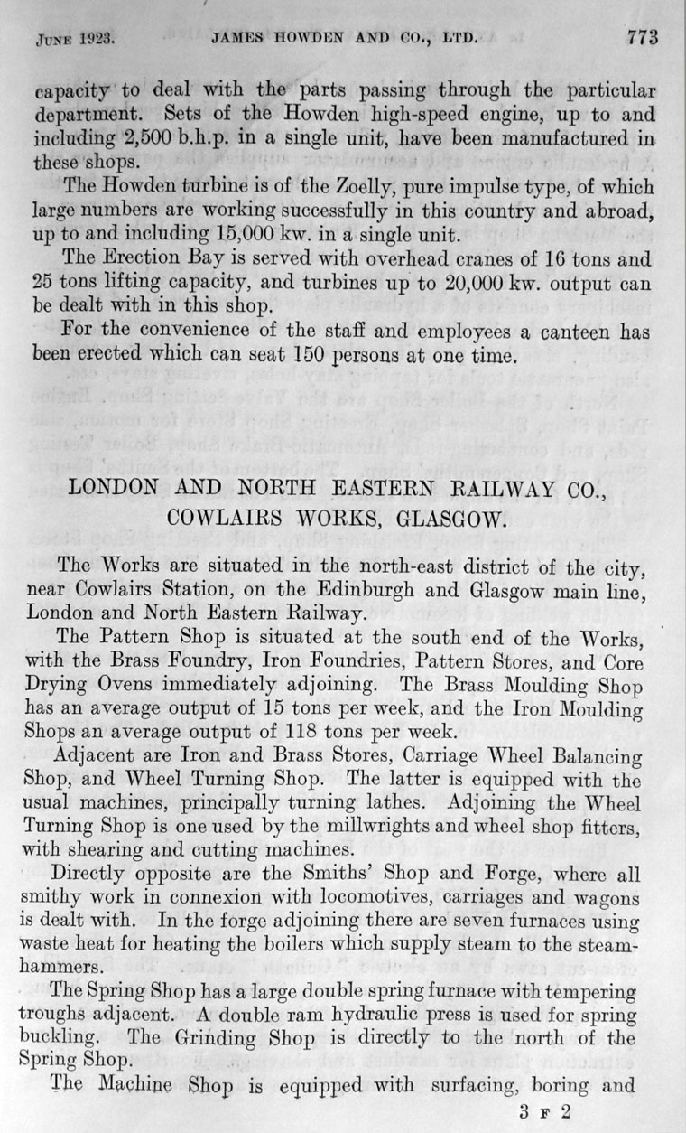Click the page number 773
click(x=643, y=38)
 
